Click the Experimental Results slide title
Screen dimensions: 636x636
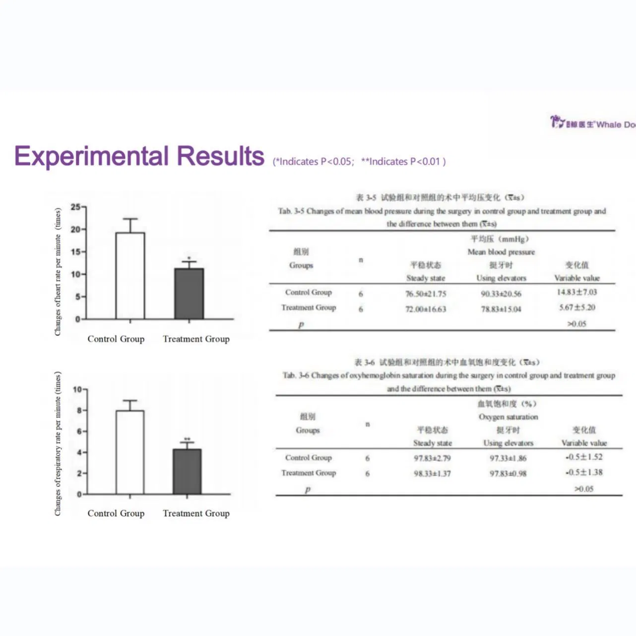tap(139, 156)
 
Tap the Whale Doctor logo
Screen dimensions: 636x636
tap(593, 123)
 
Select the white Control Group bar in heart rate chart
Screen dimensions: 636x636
tap(130, 275)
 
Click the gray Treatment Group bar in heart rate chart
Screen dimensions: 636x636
tap(189, 294)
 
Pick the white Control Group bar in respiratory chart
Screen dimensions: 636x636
tap(130, 452)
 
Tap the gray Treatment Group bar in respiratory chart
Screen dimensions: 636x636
tap(187, 471)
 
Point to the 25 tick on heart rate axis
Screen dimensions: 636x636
tap(75, 207)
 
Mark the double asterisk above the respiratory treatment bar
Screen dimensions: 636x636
tap(187, 439)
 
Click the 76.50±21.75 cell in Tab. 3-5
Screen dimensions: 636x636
tap(426, 294)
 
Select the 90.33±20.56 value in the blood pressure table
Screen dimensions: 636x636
tap(501, 294)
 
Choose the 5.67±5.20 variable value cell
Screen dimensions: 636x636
tap(577, 308)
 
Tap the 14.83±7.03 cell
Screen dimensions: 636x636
tap(577, 292)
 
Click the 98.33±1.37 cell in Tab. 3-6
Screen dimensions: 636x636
tap(433, 473)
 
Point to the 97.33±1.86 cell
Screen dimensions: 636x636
tap(508, 458)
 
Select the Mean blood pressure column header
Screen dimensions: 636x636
tap(501, 252)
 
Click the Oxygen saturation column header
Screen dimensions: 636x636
tap(508, 417)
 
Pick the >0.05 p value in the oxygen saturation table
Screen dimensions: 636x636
tap(584, 489)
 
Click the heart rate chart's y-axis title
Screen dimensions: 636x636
tap(58, 271)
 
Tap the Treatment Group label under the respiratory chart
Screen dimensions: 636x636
tap(196, 513)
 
